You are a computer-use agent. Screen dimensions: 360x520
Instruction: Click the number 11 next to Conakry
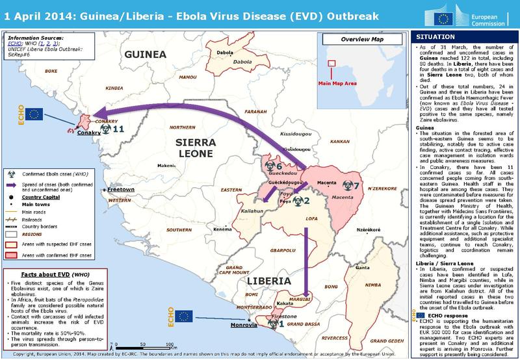point(118,129)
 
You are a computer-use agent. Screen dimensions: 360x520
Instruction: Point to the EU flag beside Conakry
point(32,114)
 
